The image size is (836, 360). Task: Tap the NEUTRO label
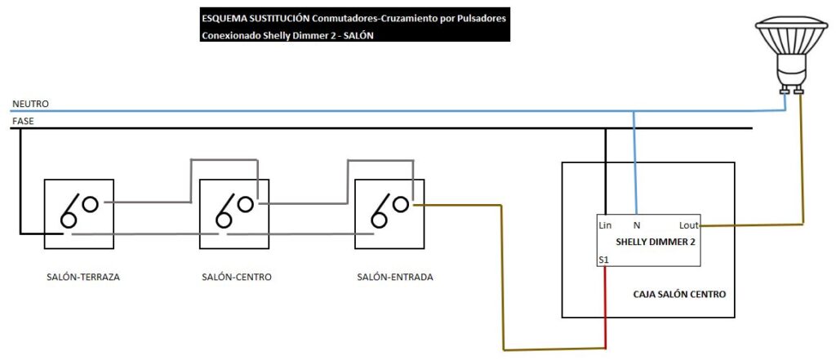pos(30,104)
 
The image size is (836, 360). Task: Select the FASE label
pos(23,121)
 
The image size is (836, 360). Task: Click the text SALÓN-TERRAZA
pos(83,278)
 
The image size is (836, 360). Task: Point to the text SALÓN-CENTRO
pos(237,278)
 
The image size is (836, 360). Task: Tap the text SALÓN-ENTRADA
pos(395,278)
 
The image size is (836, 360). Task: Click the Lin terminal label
pos(605,224)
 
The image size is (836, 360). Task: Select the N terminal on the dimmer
pos(636,224)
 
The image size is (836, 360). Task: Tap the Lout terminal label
pos(688,224)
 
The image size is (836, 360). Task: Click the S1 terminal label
pos(603,259)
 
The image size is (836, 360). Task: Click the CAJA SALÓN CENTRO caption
pos(679,294)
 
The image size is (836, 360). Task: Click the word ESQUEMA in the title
pos(225,18)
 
